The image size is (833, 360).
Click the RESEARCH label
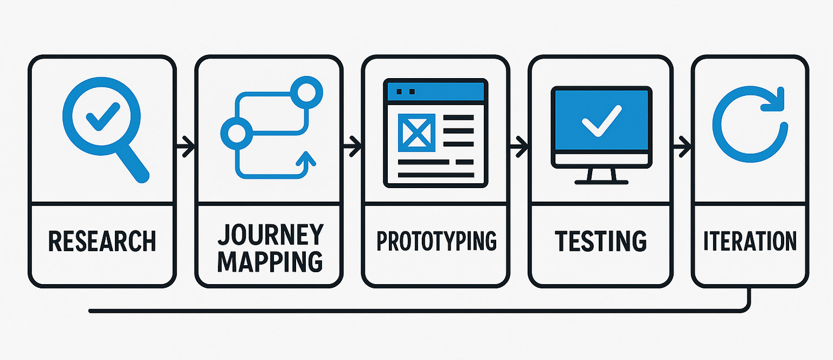tap(102, 241)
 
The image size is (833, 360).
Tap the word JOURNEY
tap(270, 234)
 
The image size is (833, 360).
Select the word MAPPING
tap(270, 261)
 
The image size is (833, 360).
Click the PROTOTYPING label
tap(437, 241)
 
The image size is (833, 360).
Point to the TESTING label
tap(600, 241)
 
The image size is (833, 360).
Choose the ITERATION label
tap(750, 241)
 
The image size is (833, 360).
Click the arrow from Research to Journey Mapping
tap(186, 145)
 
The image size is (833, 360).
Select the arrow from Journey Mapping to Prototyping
tap(353, 145)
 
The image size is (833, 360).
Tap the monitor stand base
tap(601, 182)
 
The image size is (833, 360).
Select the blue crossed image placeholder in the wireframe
tap(416, 132)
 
